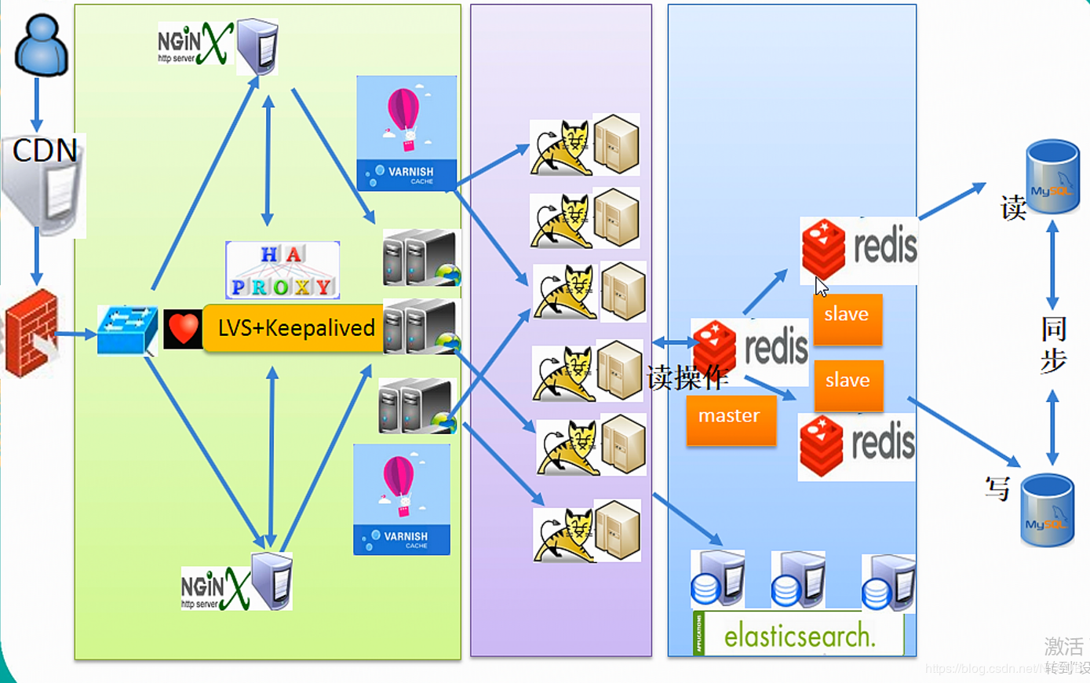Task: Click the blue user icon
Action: tap(41, 46)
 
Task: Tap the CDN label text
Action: tap(45, 150)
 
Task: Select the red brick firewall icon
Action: tap(31, 333)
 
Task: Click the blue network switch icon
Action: tap(126, 329)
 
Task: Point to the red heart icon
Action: tap(183, 329)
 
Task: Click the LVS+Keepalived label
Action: tap(296, 327)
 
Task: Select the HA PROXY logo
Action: tap(283, 270)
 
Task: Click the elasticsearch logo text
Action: tap(799, 635)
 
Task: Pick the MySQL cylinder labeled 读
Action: tap(1052, 177)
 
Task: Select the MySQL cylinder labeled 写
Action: tap(1047, 510)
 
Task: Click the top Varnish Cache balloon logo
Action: tap(406, 133)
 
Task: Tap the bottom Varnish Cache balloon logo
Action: tap(402, 499)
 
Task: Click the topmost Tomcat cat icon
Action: tap(561, 148)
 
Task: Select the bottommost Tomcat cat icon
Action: tap(564, 535)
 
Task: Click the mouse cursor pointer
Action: tap(821, 287)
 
